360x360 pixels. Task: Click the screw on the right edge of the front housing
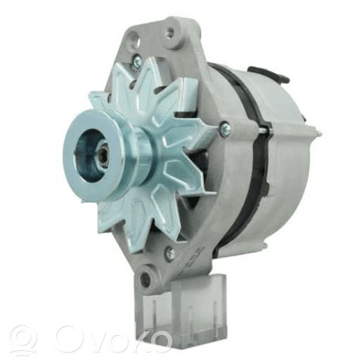224,127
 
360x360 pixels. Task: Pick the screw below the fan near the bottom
170,251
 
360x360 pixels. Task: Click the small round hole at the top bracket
171,32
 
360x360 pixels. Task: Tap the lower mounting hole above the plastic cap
145,278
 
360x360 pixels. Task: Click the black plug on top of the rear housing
269,73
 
